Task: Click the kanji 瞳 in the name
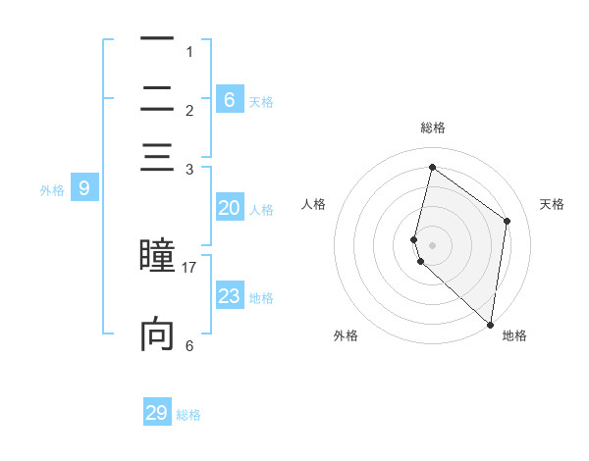click(x=156, y=254)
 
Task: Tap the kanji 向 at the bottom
click(x=157, y=334)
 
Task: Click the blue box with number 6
click(x=230, y=99)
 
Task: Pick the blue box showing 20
click(x=229, y=208)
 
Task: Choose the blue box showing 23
click(x=229, y=296)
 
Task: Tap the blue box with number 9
click(x=83, y=188)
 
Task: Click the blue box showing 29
click(x=157, y=413)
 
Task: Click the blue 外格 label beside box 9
click(x=52, y=190)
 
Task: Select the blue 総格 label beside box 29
click(x=189, y=415)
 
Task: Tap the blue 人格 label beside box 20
click(x=261, y=210)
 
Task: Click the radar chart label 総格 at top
click(x=432, y=128)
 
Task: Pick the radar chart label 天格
click(x=553, y=204)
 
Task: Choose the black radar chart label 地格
click(x=514, y=335)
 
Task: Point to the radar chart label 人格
click(x=313, y=204)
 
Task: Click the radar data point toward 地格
click(x=490, y=323)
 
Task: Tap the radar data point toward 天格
click(x=508, y=221)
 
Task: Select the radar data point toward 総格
click(x=432, y=167)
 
